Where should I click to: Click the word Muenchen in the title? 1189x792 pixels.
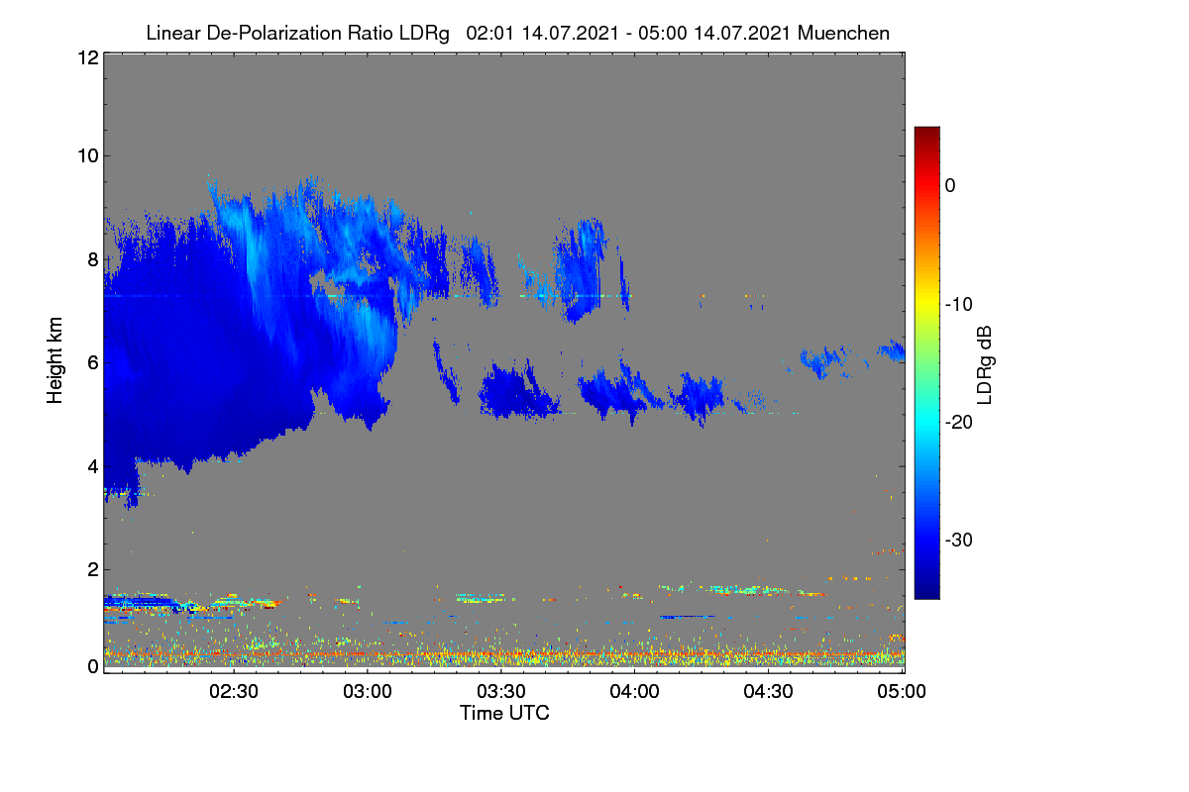coord(843,34)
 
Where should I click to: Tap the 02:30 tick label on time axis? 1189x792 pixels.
coord(234,692)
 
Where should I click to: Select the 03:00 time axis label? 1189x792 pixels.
coord(368,692)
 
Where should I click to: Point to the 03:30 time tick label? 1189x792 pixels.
coord(501,692)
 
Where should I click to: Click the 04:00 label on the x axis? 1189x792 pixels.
coord(634,692)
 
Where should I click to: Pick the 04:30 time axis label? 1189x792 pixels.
coord(768,692)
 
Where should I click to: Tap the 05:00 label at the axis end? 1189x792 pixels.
coord(902,692)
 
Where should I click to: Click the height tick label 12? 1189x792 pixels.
coord(88,57)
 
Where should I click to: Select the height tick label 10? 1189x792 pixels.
coord(88,156)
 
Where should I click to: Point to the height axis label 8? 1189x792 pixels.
coord(93,260)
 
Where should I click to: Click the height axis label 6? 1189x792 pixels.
coord(93,363)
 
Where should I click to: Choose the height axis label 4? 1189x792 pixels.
coord(93,467)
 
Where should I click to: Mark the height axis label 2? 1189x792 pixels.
coord(93,569)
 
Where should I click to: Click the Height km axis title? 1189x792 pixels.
coord(54,360)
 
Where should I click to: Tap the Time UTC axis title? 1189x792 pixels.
coord(504,713)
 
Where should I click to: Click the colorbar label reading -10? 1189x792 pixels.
coord(959,305)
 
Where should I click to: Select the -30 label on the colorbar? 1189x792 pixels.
coord(959,540)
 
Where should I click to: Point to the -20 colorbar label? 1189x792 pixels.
coord(959,423)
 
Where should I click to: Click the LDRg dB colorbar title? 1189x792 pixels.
coord(985,365)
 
